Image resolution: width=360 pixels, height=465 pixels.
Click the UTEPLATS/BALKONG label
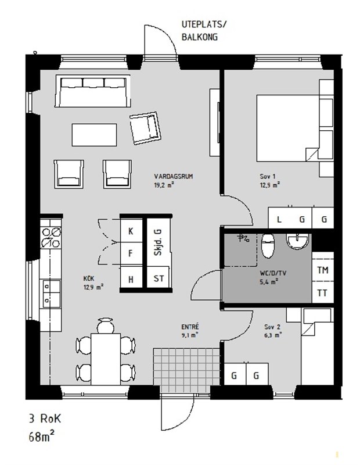click(x=204, y=31)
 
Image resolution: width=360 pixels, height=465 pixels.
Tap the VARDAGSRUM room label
click(x=174, y=177)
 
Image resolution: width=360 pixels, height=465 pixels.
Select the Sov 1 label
click(x=268, y=177)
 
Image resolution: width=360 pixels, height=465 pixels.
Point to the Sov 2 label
click(x=272, y=327)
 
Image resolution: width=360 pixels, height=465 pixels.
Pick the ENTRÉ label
click(x=190, y=327)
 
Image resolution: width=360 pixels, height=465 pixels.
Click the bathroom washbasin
click(x=298, y=241)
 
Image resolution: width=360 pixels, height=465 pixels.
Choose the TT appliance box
click(x=323, y=292)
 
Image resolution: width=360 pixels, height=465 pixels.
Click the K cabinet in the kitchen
click(x=131, y=230)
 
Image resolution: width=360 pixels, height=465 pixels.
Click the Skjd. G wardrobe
click(x=159, y=242)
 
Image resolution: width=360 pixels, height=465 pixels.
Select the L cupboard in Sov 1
click(x=279, y=219)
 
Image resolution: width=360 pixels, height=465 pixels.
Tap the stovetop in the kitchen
click(x=51, y=237)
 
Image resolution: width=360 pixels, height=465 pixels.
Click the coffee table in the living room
click(x=94, y=135)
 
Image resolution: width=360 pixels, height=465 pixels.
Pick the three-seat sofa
click(x=93, y=91)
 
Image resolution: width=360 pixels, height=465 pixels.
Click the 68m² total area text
click(x=41, y=437)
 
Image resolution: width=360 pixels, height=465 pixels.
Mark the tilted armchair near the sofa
click(x=145, y=128)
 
